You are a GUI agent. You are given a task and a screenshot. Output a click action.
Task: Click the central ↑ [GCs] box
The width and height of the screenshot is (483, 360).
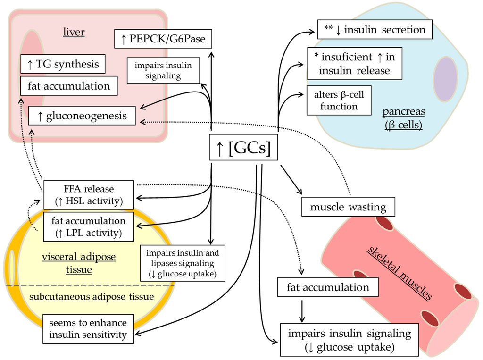tap(242, 149)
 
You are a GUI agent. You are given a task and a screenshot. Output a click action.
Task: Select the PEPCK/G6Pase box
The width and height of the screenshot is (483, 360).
tap(163, 38)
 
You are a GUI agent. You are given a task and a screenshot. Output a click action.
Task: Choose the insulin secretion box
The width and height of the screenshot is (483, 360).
tap(375, 30)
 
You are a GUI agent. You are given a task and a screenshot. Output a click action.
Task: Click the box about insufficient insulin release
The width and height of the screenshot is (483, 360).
tap(354, 64)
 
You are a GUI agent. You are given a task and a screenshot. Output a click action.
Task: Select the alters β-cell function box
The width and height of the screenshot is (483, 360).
tap(339, 100)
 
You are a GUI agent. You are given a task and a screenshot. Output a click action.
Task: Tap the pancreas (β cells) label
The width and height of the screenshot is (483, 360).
tap(403, 118)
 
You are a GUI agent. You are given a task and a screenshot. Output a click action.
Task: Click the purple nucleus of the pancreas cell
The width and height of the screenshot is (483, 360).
tap(445, 79)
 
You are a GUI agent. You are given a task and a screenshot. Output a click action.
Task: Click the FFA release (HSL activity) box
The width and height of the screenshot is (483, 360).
tap(89, 195)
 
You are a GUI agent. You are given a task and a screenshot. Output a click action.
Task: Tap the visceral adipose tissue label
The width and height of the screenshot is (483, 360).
tap(78, 263)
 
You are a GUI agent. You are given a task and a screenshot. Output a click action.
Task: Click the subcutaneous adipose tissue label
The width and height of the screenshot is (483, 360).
tap(92, 296)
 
